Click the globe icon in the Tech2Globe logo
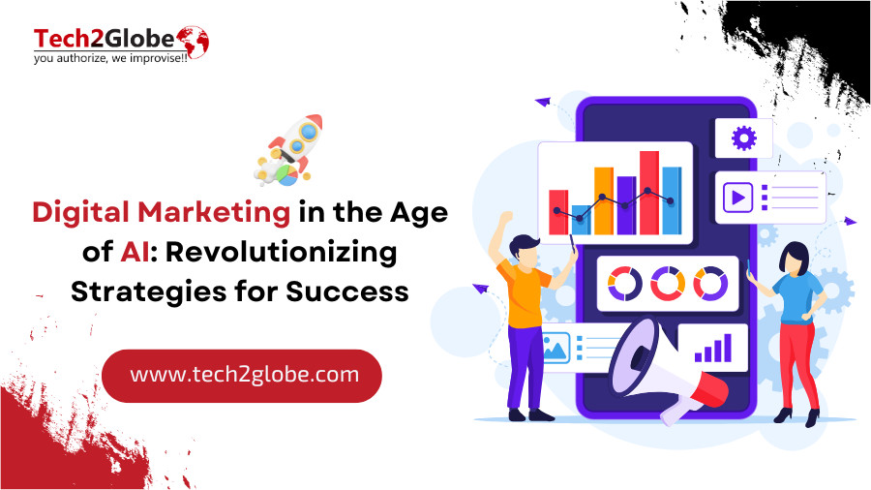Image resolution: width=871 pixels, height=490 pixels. [194, 42]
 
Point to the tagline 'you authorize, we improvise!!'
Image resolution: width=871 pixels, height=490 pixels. [110, 58]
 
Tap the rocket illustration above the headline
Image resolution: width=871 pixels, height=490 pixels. [289, 150]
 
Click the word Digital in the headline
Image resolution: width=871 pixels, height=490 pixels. [80, 213]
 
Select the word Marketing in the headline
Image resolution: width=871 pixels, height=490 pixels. [214, 213]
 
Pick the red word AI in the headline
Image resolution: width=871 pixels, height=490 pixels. [135, 252]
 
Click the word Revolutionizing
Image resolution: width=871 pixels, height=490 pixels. [281, 253]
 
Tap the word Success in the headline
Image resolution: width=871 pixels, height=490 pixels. [347, 291]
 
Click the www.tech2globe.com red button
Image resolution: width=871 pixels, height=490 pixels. [242, 376]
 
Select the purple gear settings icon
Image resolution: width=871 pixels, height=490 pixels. [744, 138]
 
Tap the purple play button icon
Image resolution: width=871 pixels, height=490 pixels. [737, 198]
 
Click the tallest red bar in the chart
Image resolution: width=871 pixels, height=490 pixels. [648, 193]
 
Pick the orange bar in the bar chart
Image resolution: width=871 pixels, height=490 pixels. [604, 200]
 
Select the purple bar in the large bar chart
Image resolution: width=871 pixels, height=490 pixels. [626, 205]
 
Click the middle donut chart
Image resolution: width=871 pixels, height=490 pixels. [668, 284]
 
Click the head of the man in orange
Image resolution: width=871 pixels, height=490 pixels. [524, 251]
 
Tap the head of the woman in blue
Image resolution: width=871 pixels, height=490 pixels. [794, 259]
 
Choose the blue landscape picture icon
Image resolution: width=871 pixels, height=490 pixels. [556, 349]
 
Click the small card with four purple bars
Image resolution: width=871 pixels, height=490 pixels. [712, 348]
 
